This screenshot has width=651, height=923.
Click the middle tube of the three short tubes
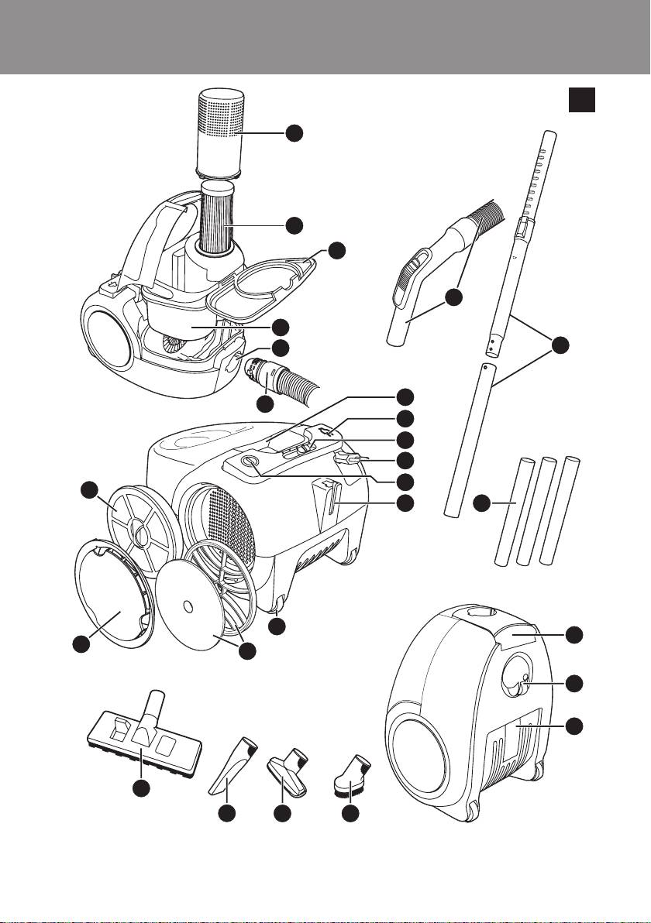549,513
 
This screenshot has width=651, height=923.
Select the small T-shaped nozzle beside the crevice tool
288,770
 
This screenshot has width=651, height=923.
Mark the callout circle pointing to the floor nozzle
140,788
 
